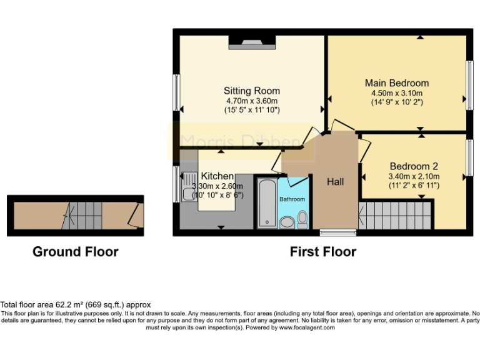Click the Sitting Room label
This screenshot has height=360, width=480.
pos(252,91)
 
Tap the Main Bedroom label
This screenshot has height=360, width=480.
pos(397,82)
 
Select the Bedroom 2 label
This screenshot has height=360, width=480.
pos(414,166)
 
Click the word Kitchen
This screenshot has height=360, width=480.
pos(217,176)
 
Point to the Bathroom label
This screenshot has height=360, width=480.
pos(292,199)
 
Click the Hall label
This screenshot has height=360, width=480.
pos(335,182)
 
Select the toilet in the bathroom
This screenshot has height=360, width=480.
pos(302,219)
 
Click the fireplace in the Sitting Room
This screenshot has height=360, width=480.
pos(251,43)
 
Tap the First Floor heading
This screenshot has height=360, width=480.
pos(322,252)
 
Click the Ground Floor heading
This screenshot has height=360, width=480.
pos(75,252)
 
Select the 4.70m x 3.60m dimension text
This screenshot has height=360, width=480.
pos(252,101)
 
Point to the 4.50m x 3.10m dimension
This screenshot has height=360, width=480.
pos(397,92)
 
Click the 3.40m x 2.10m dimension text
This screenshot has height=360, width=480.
pos(414,176)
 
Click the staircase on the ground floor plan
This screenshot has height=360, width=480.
pos(81,216)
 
